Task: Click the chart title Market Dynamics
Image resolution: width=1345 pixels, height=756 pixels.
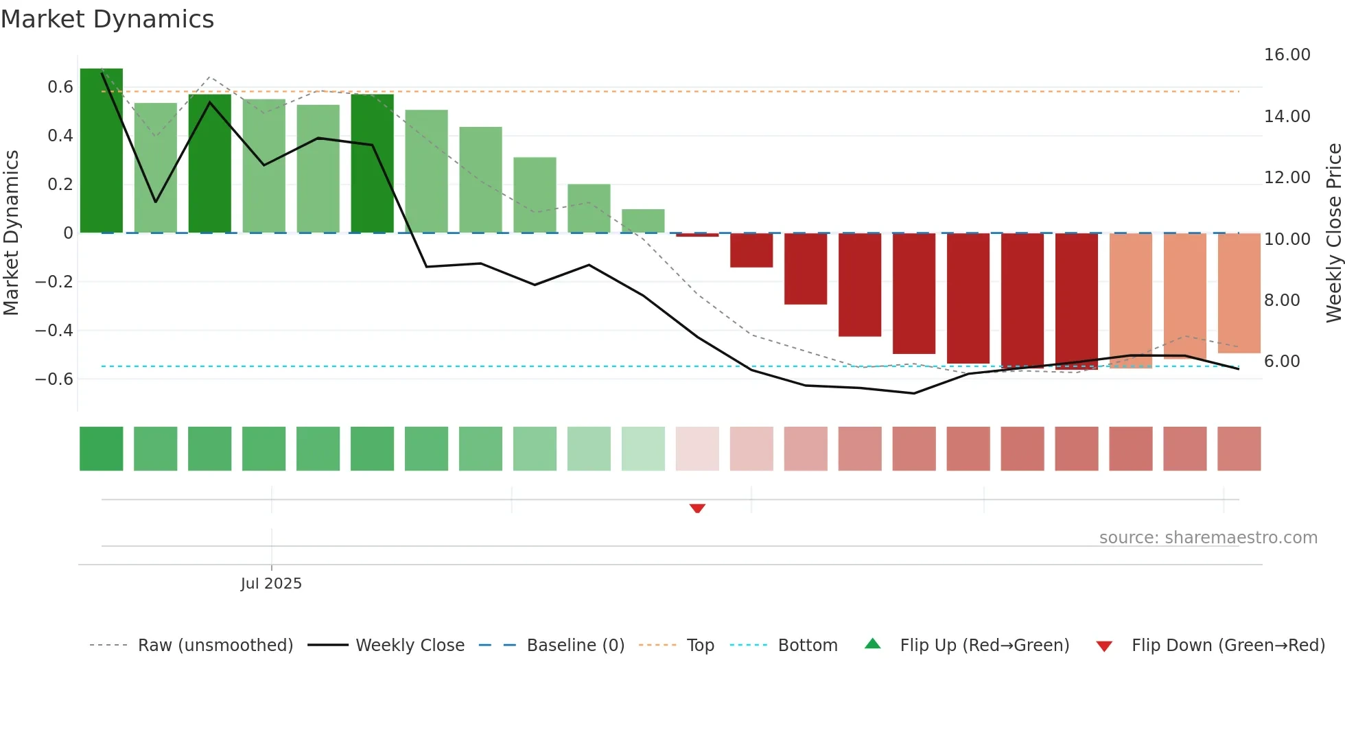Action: click(107, 19)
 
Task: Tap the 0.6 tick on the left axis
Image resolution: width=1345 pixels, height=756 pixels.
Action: click(60, 87)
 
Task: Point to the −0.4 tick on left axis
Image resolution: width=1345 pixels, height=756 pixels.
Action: click(54, 331)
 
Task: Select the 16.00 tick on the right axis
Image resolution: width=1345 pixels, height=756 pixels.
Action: click(1287, 55)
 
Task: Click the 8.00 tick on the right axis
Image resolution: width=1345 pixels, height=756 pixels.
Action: click(1282, 300)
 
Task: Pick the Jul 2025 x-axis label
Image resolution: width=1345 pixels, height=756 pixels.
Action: click(271, 584)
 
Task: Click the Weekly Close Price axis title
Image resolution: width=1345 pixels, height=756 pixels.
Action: click(1333, 233)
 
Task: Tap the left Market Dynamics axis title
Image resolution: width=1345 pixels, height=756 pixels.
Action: click(11, 233)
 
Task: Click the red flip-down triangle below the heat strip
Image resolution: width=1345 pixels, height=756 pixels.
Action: click(697, 508)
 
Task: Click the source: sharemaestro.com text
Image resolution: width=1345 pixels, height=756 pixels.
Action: click(1208, 538)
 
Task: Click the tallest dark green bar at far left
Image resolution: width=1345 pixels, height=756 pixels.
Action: click(102, 151)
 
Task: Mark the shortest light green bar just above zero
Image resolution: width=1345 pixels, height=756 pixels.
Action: click(643, 221)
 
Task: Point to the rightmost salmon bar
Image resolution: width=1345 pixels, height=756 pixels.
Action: click(1239, 293)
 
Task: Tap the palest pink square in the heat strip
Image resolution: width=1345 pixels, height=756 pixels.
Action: click(697, 449)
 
